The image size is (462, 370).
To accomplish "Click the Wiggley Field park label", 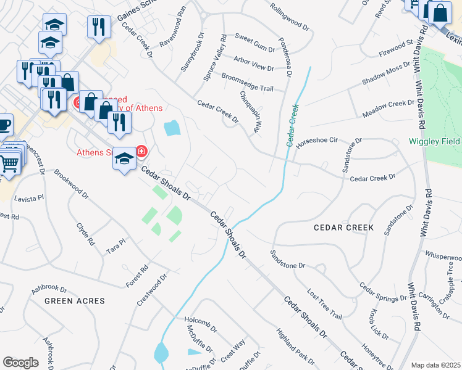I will pyautogui.click(x=434, y=141).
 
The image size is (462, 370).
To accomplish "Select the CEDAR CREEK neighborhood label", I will pyautogui.click(x=343, y=228).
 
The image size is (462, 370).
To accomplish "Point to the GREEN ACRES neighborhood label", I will pyautogui.click(x=74, y=301).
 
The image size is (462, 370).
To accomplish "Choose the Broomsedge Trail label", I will pyautogui.click(x=247, y=83).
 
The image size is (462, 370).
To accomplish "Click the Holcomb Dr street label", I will pyautogui.click(x=201, y=320).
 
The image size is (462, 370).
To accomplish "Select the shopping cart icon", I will pyautogui.click(x=9, y=163).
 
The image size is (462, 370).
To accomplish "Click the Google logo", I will pyautogui.click(x=20, y=363).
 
